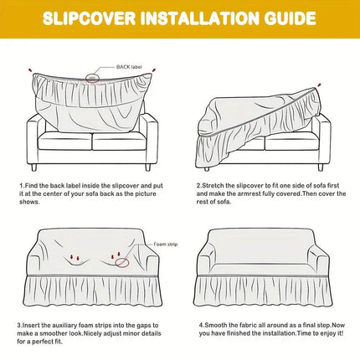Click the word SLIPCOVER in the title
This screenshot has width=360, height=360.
pos(91,18)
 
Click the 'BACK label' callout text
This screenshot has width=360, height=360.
pos(128,64)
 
